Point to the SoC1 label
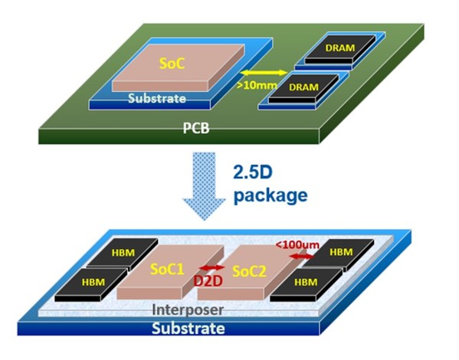(x=168, y=270)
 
